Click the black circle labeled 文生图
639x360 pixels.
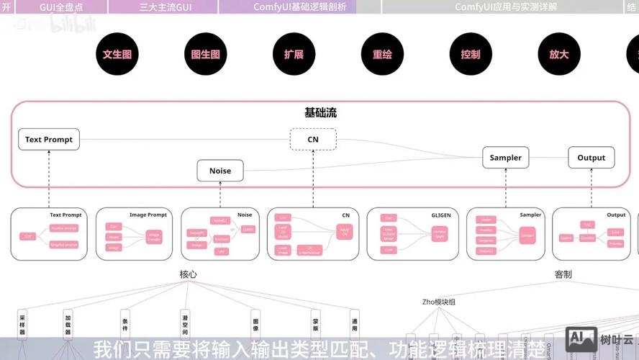117,54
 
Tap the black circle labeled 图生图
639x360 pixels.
206,54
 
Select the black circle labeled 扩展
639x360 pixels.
294,54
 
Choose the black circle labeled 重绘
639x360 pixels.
382,54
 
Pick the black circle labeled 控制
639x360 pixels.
471,54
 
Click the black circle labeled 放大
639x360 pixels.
559,54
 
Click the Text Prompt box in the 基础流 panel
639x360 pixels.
49,140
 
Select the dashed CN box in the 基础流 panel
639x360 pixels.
313,140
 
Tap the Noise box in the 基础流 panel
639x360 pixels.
220,171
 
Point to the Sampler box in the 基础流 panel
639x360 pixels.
506,158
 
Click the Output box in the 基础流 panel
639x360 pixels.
592,158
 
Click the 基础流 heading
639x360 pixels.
320,113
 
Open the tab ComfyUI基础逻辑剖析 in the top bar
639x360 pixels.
289,7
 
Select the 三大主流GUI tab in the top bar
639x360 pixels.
164,7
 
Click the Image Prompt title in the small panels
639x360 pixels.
148,215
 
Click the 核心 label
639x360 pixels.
189,274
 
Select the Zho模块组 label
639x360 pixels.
438,302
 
